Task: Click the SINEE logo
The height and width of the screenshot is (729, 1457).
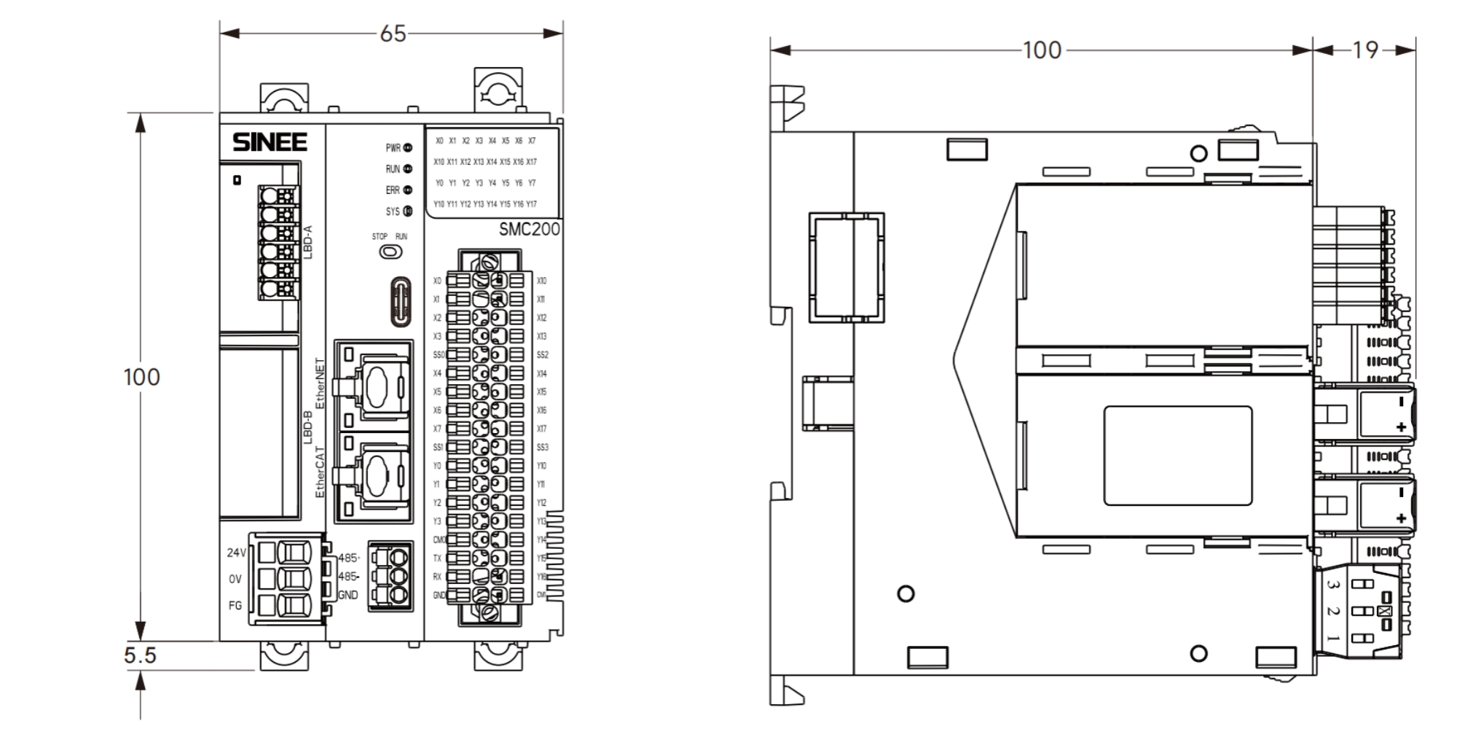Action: pyautogui.click(x=270, y=142)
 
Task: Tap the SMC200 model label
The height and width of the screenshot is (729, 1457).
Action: pyautogui.click(x=529, y=229)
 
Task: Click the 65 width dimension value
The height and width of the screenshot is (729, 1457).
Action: pyautogui.click(x=393, y=34)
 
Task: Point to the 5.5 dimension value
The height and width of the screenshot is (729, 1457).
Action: pyautogui.click(x=140, y=655)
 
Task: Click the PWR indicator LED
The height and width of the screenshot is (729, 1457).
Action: pyautogui.click(x=408, y=148)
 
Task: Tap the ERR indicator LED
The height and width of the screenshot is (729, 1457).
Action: pyautogui.click(x=408, y=190)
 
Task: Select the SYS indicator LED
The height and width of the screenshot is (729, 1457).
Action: pyautogui.click(x=408, y=211)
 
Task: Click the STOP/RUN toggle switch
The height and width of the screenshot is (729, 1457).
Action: pyautogui.click(x=391, y=252)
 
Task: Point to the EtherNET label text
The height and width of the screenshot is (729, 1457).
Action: pyautogui.click(x=319, y=383)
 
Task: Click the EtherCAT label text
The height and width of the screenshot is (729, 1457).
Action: pyautogui.click(x=319, y=472)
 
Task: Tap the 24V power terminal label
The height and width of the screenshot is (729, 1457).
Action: pyautogui.click(x=236, y=553)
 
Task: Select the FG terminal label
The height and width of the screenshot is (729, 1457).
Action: pyautogui.click(x=235, y=605)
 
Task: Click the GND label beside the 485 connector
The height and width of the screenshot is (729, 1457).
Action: pyautogui.click(x=348, y=595)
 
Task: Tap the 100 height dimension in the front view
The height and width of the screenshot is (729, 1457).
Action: pyautogui.click(x=141, y=377)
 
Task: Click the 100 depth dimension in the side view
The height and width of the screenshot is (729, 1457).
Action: pyautogui.click(x=1042, y=50)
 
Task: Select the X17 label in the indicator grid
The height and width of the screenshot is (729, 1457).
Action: pyautogui.click(x=532, y=162)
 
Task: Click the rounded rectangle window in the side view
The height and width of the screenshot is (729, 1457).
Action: pyautogui.click(x=1177, y=456)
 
